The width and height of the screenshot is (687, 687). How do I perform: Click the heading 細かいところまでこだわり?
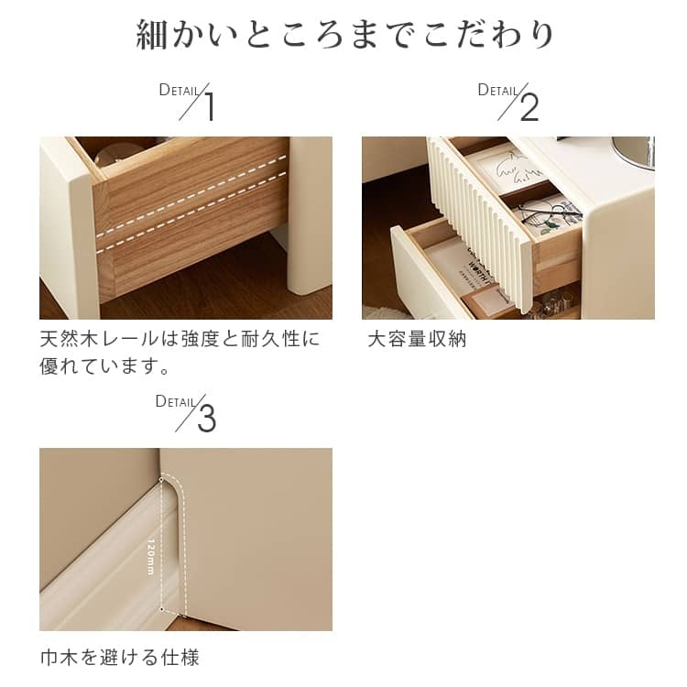tap(344, 34)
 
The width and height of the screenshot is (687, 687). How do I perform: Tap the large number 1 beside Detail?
tap(210, 107)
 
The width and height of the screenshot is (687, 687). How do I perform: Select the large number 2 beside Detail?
tap(529, 107)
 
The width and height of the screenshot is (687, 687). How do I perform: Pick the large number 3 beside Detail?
tap(206, 419)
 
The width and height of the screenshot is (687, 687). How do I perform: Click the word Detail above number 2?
tap(497, 90)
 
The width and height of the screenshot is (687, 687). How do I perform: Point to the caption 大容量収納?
tap(417, 339)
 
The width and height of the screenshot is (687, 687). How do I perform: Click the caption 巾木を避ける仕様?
tap(120, 658)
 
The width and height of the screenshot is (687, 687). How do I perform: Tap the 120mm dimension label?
tap(151, 556)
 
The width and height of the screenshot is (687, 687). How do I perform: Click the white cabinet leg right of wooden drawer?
tap(310, 215)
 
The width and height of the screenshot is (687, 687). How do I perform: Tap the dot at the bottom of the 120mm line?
tap(162, 609)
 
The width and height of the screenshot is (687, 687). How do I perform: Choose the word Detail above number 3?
tap(175, 401)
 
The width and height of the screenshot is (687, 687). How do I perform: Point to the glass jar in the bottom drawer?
tap(553, 302)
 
